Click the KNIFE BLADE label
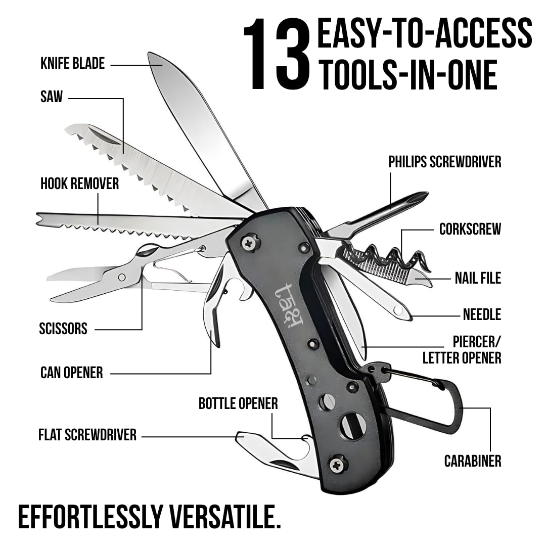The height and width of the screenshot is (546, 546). [x=72, y=64]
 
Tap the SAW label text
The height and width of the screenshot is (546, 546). [x=52, y=97]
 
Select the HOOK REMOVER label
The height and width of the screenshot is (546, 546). [x=80, y=184]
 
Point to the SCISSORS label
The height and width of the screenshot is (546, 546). [x=63, y=329]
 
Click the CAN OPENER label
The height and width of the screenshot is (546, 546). [x=72, y=373]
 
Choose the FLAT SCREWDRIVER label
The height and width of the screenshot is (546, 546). [x=87, y=435]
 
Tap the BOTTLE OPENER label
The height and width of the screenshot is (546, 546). [x=238, y=403]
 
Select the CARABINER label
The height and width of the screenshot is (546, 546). [x=473, y=461]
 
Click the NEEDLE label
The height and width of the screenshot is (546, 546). [x=482, y=314]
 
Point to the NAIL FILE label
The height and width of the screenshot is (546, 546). [x=478, y=278]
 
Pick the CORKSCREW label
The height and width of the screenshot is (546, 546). [x=470, y=229]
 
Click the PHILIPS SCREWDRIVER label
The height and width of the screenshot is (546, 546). [x=445, y=162]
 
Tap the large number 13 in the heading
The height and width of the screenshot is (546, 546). [x=276, y=55]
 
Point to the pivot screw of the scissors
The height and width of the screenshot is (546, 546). [x=122, y=278]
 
